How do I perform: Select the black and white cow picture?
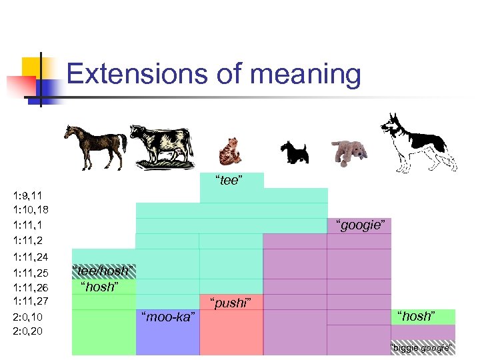161,145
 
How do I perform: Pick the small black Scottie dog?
293,151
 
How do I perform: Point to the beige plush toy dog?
349,151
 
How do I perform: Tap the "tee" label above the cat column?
228,181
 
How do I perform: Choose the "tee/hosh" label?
103,271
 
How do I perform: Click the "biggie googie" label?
421,347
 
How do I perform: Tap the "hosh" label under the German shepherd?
416,316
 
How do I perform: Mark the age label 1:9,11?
27,195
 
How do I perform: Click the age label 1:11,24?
31,257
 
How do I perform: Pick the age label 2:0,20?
28,331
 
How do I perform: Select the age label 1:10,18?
31,210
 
